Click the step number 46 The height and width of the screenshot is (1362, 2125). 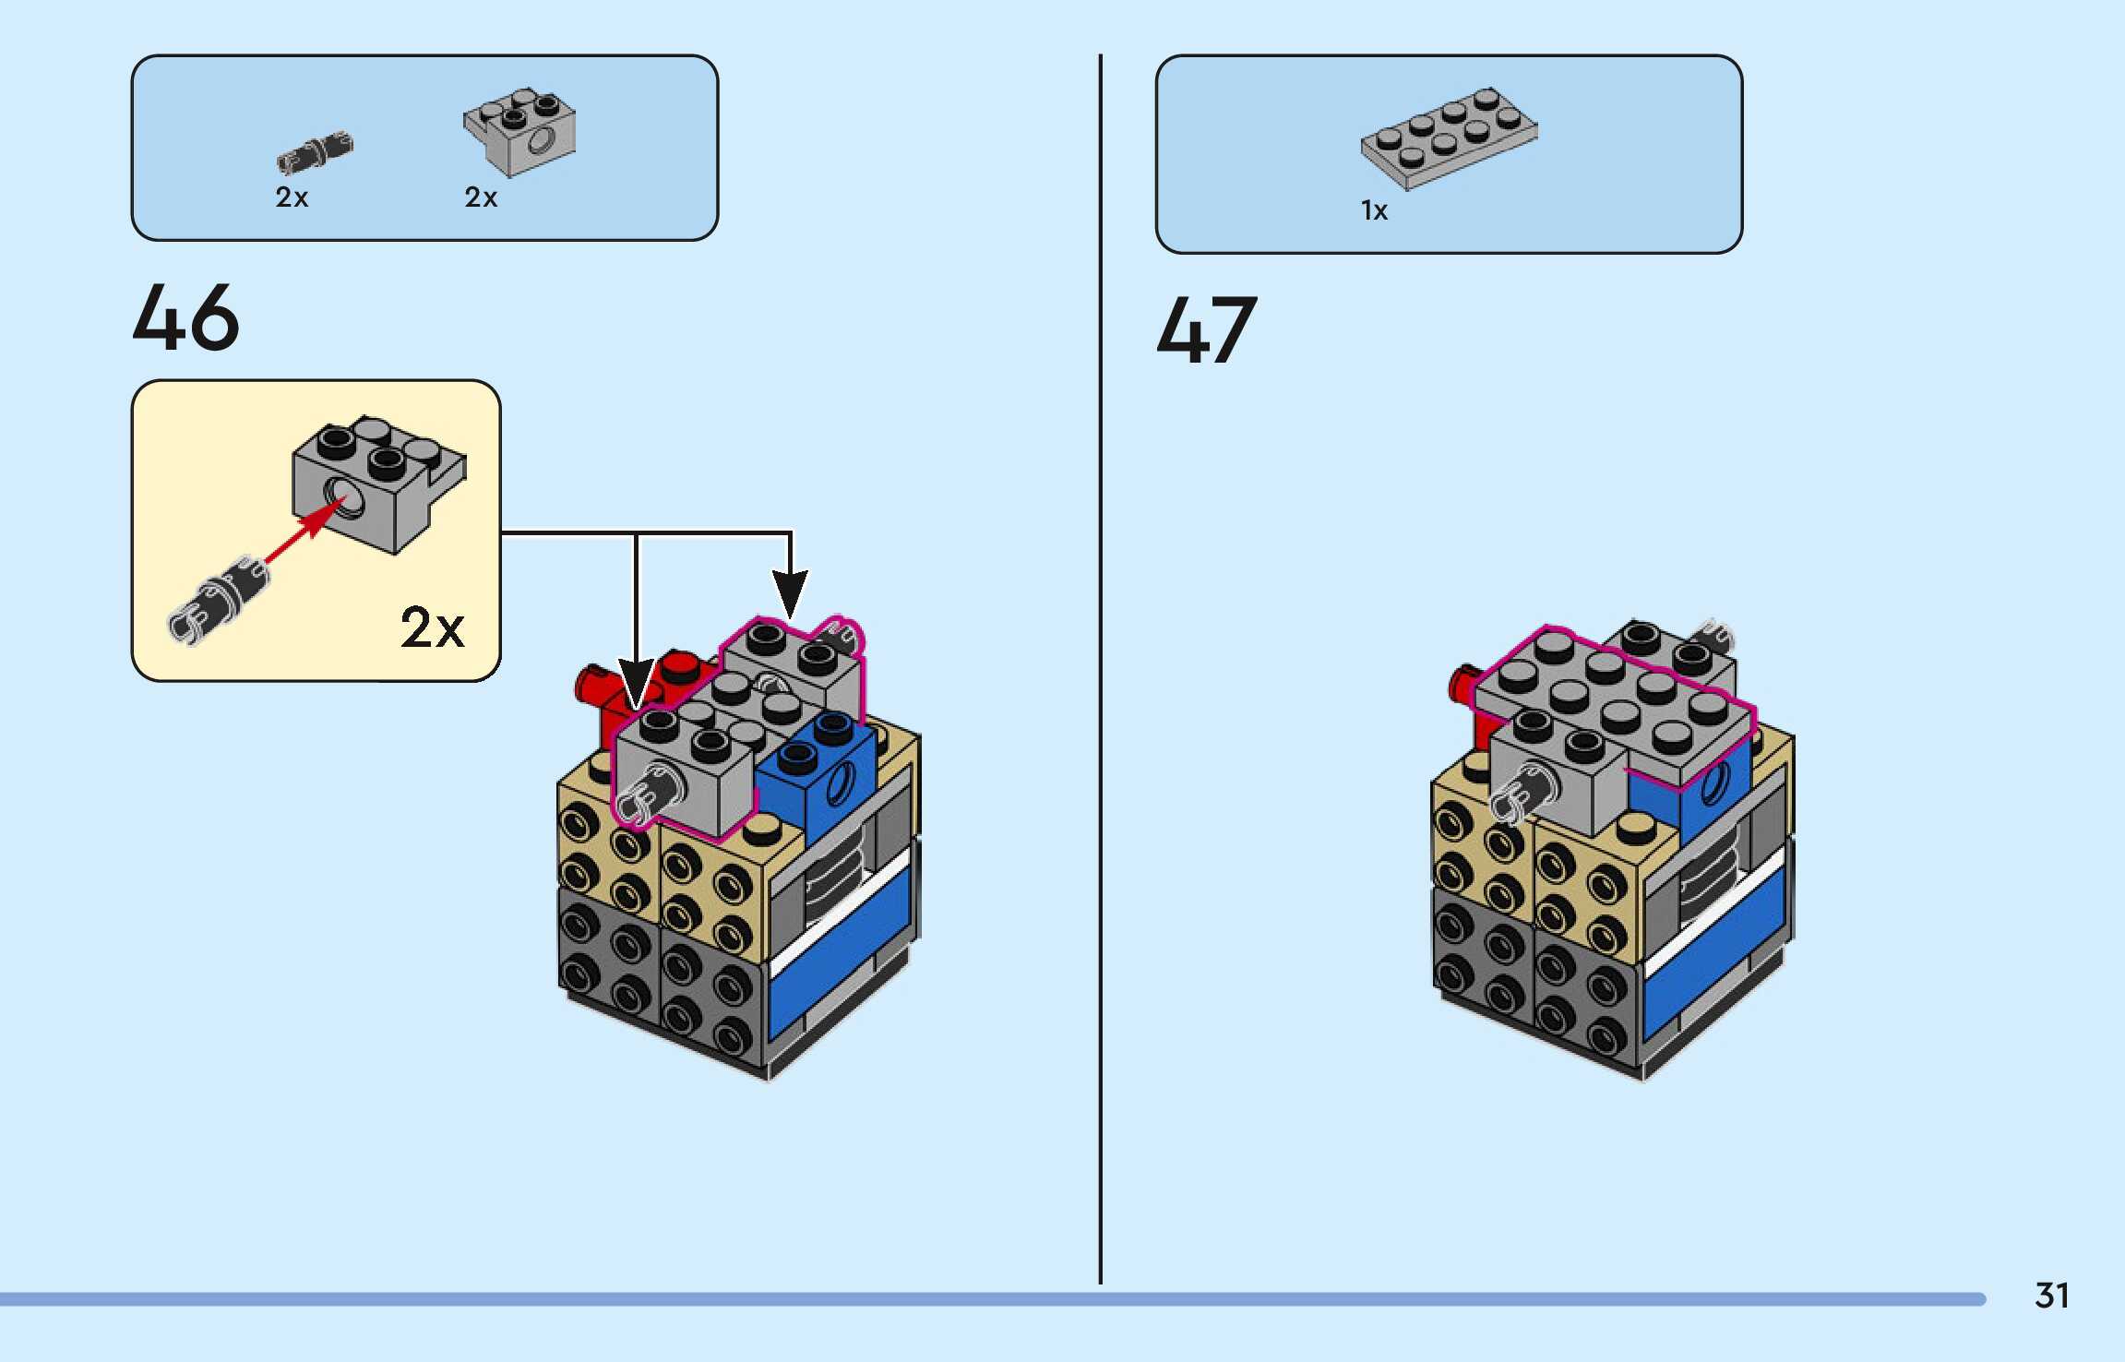coord(186,318)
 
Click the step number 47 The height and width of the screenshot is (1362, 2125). coord(1206,329)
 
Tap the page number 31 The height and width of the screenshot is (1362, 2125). coord(2051,1296)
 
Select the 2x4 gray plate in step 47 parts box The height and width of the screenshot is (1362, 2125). coord(1449,138)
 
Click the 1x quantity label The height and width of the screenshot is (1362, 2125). coord(1374,211)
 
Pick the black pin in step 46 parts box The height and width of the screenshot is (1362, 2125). coord(315,152)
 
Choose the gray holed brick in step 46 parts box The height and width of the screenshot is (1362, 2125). coord(519,132)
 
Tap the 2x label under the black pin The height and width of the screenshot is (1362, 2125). coord(292,197)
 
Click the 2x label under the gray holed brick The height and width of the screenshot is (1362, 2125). coord(481,197)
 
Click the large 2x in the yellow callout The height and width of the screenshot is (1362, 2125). coord(432,628)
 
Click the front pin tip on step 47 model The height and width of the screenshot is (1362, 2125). coord(1513,799)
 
